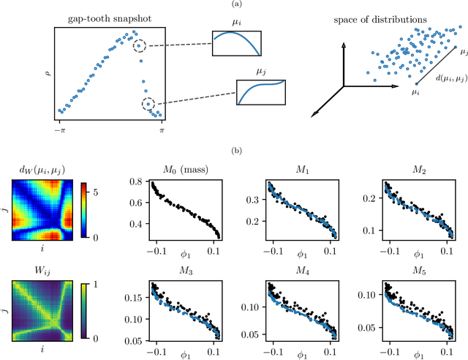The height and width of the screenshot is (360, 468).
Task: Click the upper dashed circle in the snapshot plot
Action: (139, 46)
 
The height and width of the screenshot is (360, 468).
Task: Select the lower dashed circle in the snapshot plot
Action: (148, 105)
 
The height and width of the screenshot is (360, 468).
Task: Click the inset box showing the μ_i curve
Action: (236, 43)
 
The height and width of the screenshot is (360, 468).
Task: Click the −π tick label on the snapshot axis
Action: (61, 129)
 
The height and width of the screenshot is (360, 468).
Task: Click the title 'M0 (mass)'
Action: (189, 170)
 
